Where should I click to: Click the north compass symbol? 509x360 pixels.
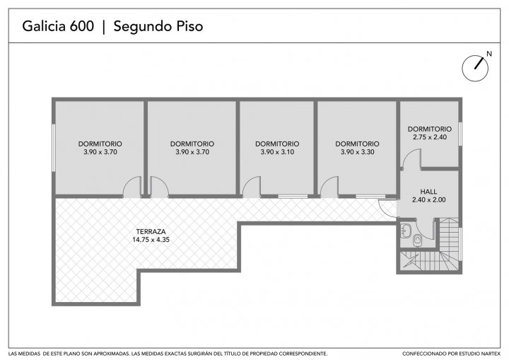(475, 68)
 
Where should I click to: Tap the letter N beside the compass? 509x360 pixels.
(489, 54)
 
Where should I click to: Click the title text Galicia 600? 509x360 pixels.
(58, 26)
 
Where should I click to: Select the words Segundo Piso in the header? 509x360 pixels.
(158, 27)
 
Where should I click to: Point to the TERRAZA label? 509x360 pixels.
(151, 232)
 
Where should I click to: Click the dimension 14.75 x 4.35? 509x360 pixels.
(151, 240)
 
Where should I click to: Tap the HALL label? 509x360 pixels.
(428, 192)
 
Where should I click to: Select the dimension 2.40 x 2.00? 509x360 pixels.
(429, 200)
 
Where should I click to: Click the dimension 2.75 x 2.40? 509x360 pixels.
(430, 137)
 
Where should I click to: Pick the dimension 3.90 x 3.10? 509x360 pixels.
(277, 152)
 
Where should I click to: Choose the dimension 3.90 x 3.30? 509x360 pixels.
(358, 152)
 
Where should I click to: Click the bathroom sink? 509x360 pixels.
(406, 231)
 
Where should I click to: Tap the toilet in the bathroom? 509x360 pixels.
(416, 240)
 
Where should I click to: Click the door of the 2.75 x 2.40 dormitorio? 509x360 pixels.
(411, 159)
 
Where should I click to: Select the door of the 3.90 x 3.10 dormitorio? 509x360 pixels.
(252, 187)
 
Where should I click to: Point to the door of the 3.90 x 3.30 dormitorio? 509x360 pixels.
(329, 187)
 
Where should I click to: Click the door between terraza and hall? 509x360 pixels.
(388, 208)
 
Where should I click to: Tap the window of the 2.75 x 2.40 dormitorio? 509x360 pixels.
(460, 134)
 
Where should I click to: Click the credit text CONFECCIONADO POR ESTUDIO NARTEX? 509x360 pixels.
(451, 354)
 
